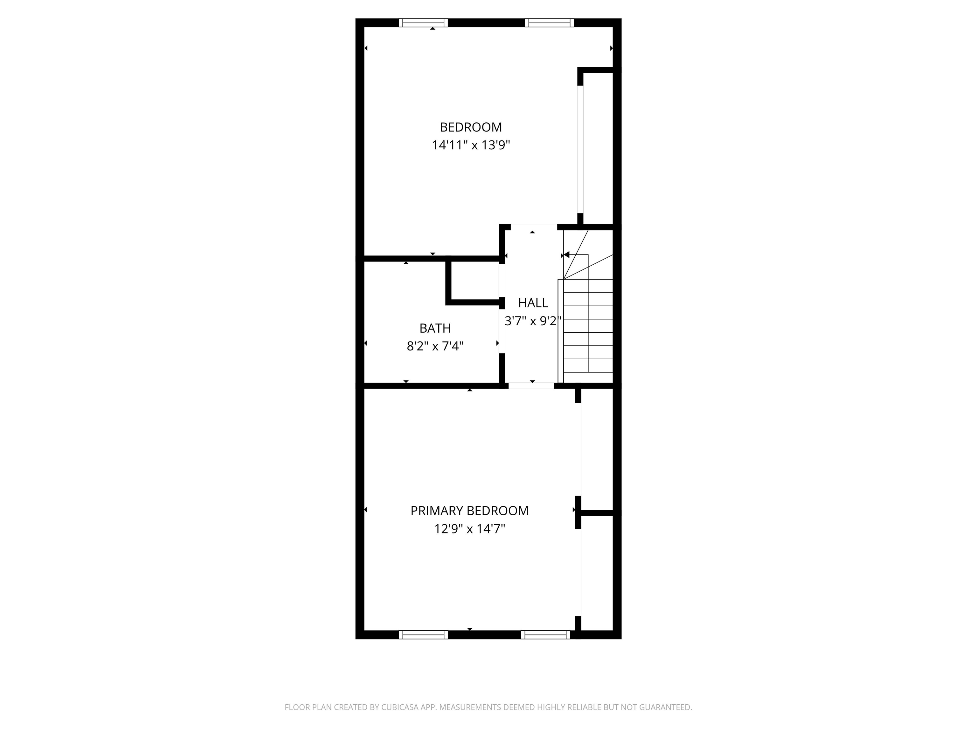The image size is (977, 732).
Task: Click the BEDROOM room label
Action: point(471,127)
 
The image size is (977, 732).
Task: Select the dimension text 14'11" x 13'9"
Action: point(471,145)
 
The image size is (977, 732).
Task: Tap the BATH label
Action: point(435,328)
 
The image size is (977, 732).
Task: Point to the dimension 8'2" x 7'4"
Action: point(435,346)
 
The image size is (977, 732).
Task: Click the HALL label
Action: point(533,303)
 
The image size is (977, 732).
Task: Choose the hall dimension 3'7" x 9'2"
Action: point(533,321)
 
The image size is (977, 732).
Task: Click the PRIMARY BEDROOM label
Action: point(469,511)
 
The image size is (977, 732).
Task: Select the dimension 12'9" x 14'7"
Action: point(469,529)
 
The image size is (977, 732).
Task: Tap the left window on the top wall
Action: point(423,23)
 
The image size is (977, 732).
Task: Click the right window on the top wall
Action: point(550,23)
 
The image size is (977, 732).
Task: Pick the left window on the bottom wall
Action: point(423,634)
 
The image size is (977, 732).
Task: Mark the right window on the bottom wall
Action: point(545,634)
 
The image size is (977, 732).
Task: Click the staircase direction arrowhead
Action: point(567,254)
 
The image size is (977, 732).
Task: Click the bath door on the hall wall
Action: point(502,327)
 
